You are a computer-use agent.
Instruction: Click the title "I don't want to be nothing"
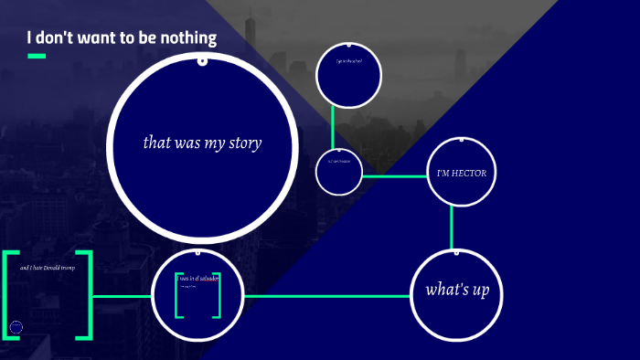(x=122, y=38)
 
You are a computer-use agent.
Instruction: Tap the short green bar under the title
(x=37, y=57)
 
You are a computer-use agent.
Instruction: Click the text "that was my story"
(x=203, y=143)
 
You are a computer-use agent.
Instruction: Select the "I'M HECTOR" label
(x=462, y=173)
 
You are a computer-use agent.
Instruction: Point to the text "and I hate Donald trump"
(x=47, y=268)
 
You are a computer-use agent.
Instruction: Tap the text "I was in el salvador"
(x=198, y=278)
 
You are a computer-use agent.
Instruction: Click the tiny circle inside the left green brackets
(x=16, y=327)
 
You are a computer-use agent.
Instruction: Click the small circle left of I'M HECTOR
(x=339, y=174)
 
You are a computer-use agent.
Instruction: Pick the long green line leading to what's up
(x=329, y=296)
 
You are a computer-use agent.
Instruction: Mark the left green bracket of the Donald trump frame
(x=8, y=295)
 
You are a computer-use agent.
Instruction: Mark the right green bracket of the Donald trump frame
(x=87, y=295)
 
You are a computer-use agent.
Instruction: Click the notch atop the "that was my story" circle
(x=202, y=61)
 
